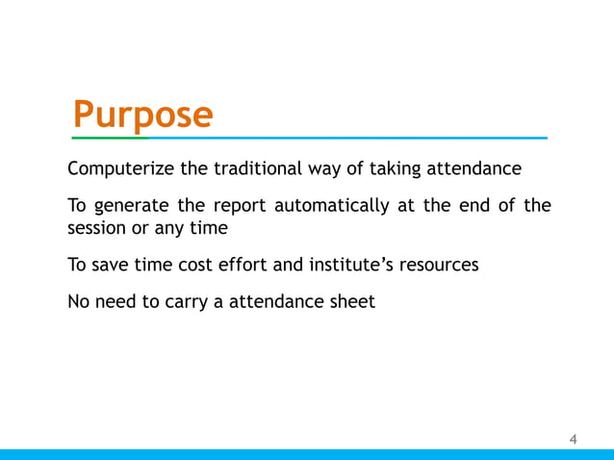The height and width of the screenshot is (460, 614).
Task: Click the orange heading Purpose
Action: coord(143,115)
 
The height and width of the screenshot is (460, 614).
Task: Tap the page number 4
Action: coord(574,440)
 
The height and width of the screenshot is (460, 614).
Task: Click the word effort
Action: coord(243,266)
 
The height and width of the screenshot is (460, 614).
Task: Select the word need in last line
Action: coord(119,302)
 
